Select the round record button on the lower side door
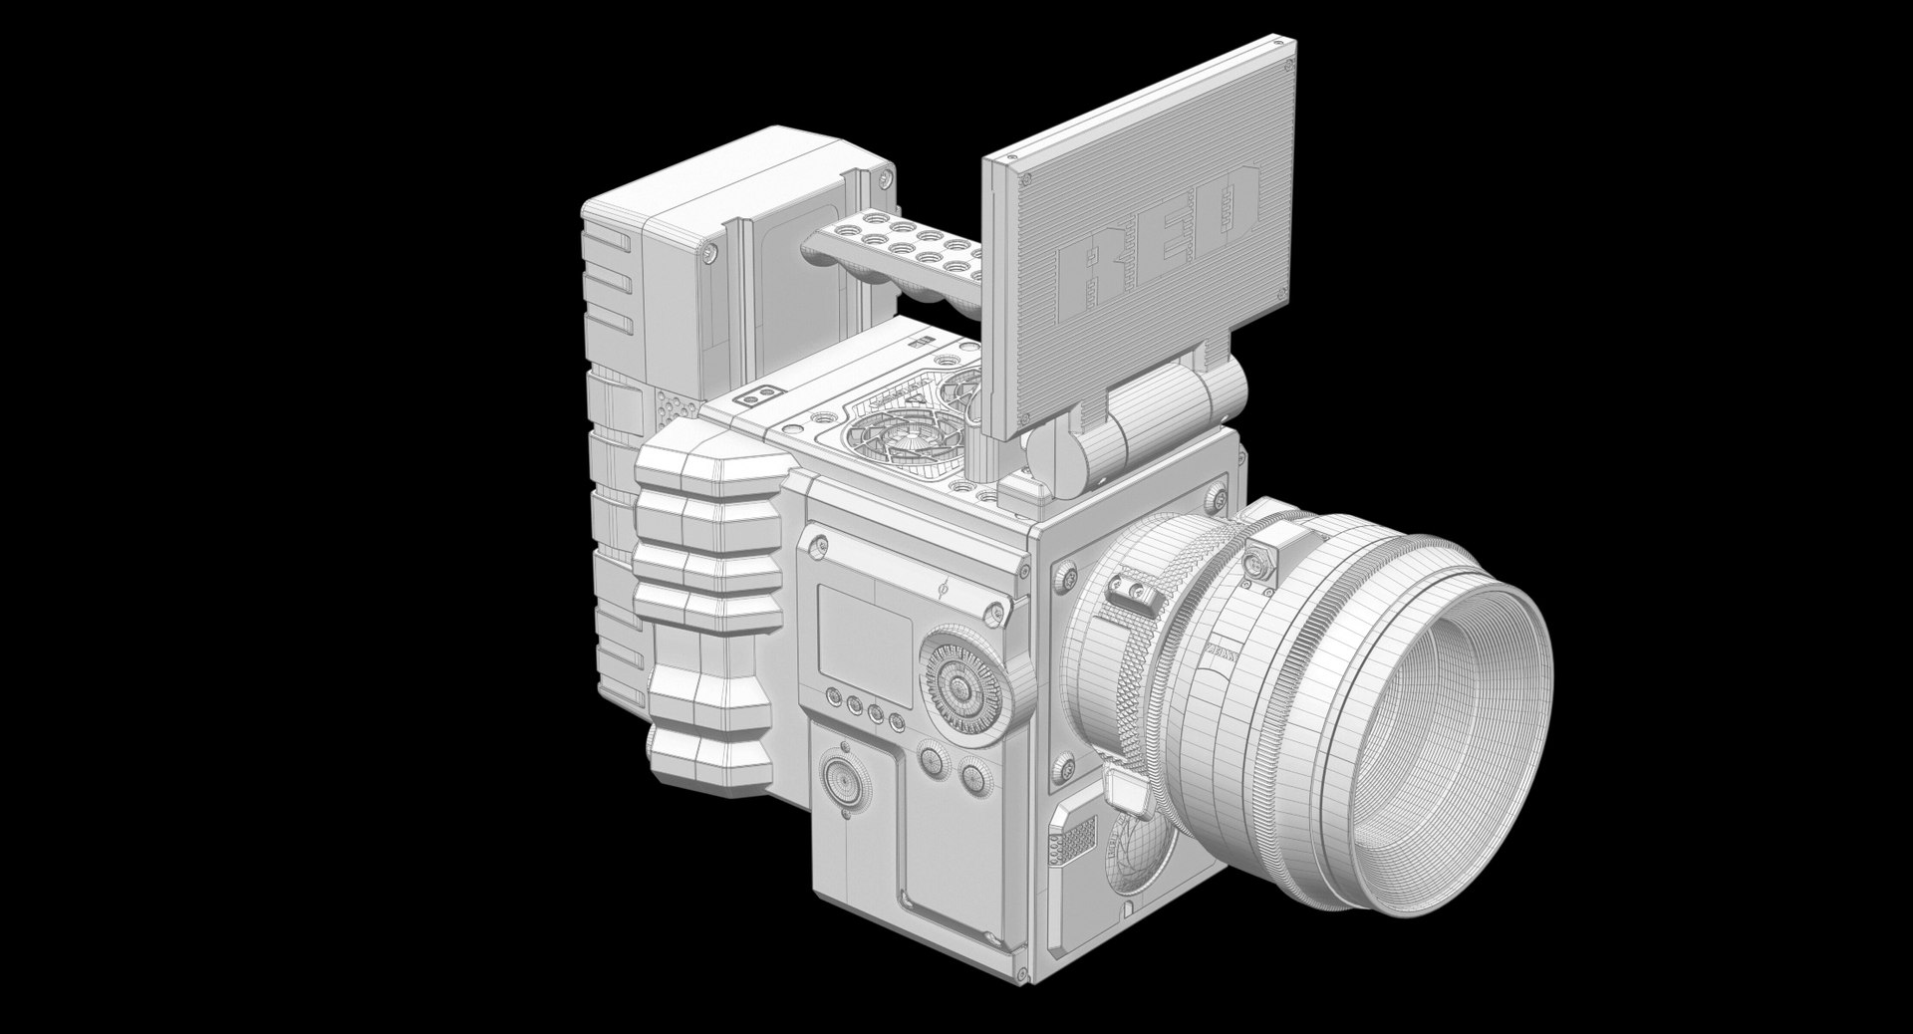[845, 784]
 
